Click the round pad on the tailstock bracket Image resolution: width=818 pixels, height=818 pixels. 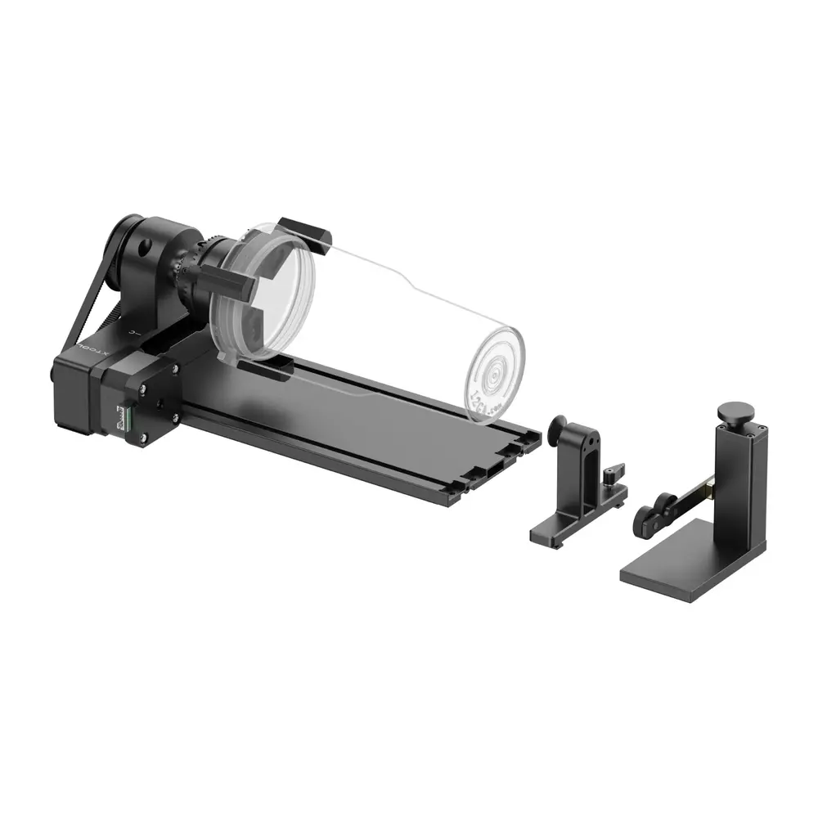pos(560,426)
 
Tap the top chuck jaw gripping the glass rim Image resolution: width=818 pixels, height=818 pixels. pos(304,231)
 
